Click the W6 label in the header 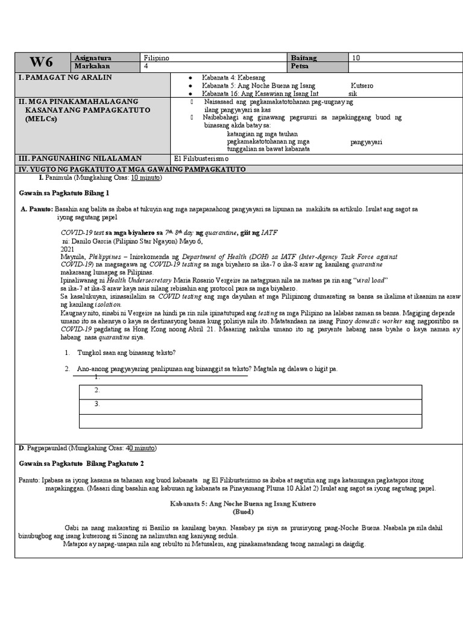[x=42, y=62]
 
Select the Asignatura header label [x=93, y=57]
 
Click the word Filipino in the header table [x=157, y=57]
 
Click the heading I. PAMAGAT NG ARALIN [x=66, y=78]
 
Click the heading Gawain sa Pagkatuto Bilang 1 [x=65, y=193]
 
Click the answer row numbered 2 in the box [x=250, y=391]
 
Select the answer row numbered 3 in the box [x=250, y=406]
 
